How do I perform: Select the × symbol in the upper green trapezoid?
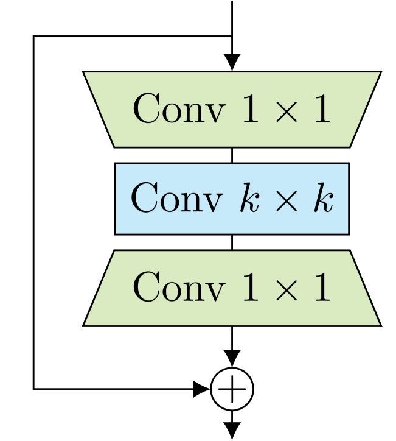click(x=283, y=111)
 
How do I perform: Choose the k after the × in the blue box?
click(x=322, y=199)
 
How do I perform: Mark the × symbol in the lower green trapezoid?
click(x=283, y=289)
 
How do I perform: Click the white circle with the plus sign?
click(x=232, y=389)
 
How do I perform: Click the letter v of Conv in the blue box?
click(x=210, y=202)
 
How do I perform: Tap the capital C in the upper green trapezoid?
click(x=146, y=110)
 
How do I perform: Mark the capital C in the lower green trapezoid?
click(x=146, y=288)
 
